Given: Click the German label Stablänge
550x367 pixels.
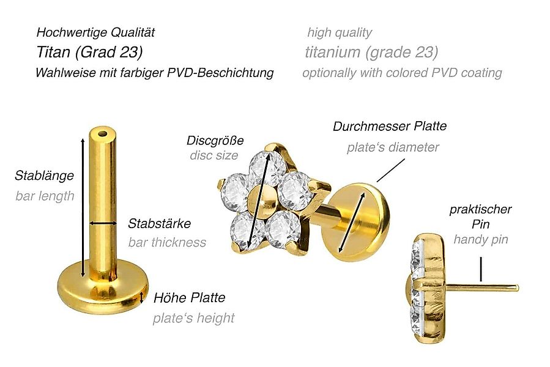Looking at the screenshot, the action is pyautogui.click(x=44, y=176).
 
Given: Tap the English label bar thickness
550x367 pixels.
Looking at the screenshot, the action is pyautogui.click(x=167, y=242).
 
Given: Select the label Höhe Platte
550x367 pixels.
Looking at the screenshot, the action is pyautogui.click(x=189, y=298).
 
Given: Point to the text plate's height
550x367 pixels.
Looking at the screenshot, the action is pyautogui.click(x=193, y=318).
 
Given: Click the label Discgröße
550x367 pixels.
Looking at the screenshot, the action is pyautogui.click(x=215, y=141).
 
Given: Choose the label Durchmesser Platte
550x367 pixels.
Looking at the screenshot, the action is pyautogui.click(x=390, y=127).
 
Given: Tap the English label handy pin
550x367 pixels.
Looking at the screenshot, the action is pyautogui.click(x=480, y=239).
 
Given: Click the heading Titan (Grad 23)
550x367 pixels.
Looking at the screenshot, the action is pyautogui.click(x=89, y=52).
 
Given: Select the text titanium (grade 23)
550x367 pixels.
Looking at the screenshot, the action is pyautogui.click(x=371, y=52).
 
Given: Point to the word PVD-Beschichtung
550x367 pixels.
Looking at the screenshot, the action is pyautogui.click(x=223, y=73).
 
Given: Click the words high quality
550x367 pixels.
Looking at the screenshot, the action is pyautogui.click(x=340, y=32).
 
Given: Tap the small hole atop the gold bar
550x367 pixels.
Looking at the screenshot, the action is pyautogui.click(x=102, y=132).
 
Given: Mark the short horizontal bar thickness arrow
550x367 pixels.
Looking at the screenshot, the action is pyautogui.click(x=103, y=223).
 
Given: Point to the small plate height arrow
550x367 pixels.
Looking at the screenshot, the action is pyautogui.click(x=142, y=298).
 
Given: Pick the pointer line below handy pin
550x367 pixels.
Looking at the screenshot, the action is pyautogui.click(x=481, y=269).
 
